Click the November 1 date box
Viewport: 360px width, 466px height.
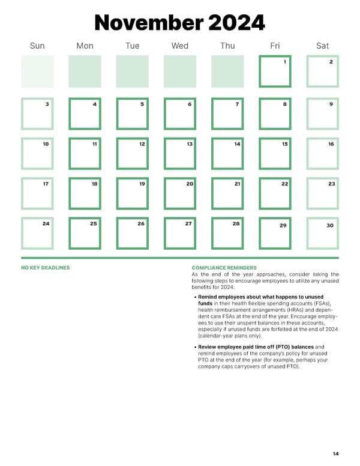point(275,71)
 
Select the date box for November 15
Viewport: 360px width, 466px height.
point(275,153)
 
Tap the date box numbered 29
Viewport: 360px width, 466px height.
point(275,233)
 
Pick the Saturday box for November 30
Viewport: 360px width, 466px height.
point(322,233)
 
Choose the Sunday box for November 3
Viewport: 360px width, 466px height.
point(37,113)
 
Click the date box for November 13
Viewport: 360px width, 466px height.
point(179,153)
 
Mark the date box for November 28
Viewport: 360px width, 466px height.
point(227,233)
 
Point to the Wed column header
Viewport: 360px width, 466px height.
point(179,46)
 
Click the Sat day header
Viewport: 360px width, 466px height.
point(322,46)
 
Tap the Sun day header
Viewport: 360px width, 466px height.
point(37,46)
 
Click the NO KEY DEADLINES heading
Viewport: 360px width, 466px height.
point(45,268)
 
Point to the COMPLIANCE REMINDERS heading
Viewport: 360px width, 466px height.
point(224,268)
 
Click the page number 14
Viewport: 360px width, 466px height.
point(335,454)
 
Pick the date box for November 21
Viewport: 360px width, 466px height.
point(227,193)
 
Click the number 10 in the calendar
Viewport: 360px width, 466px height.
point(46,144)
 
